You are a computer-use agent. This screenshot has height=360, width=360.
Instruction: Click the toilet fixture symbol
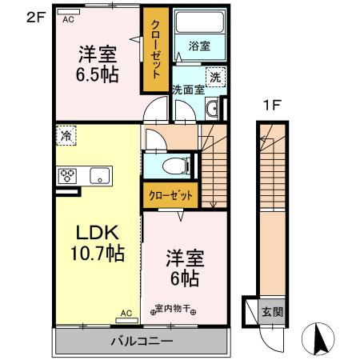pyautogui.click(x=176, y=166)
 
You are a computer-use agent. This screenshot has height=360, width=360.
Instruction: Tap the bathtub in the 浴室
pyautogui.click(x=200, y=22)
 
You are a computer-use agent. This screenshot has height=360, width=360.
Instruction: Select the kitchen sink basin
pyautogui.click(x=99, y=176)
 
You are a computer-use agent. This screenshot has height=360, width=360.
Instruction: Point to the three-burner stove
pyautogui.click(x=67, y=176)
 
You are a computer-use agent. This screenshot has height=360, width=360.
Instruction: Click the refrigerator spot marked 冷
pyautogui.click(x=66, y=135)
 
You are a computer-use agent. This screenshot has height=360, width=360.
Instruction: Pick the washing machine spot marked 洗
pyautogui.click(x=215, y=77)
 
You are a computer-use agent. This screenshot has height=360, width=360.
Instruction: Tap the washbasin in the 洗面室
pyautogui.click(x=212, y=109)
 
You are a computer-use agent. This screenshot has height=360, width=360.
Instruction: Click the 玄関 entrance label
pyautogui.click(x=272, y=311)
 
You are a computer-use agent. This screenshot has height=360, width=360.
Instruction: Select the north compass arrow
pyautogui.click(x=318, y=338)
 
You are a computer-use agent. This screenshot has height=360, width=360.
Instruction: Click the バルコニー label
pyautogui.click(x=142, y=341)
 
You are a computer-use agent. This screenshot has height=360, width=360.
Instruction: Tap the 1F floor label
pyautogui.click(x=272, y=105)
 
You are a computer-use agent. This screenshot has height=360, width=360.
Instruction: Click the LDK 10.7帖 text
pyautogui.click(x=98, y=242)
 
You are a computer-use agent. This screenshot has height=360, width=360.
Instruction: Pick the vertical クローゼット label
pyautogui.click(x=156, y=50)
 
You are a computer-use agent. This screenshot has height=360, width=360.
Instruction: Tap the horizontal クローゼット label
pyautogui.click(x=170, y=195)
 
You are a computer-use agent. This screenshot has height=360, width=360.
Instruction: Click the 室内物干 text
pyautogui.click(x=173, y=309)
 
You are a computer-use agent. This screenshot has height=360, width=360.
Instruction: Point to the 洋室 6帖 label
pyautogui.click(x=185, y=268)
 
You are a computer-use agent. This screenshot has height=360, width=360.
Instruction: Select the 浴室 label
pyautogui.click(x=199, y=46)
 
